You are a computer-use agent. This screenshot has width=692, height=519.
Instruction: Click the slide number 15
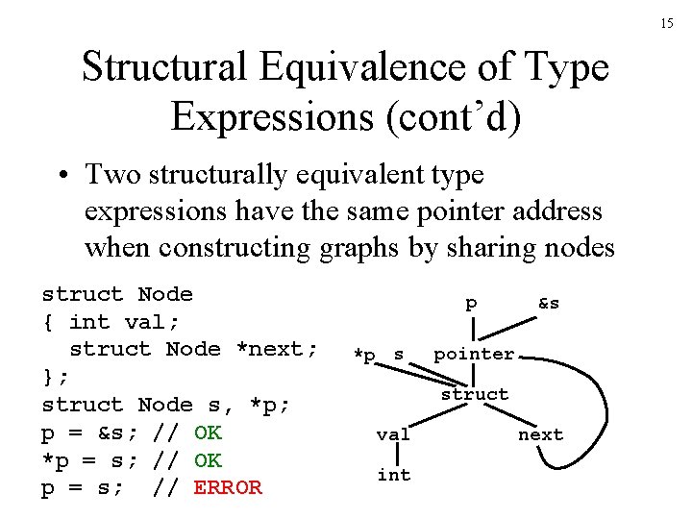(x=667, y=22)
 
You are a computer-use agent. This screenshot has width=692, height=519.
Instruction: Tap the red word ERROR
(x=228, y=487)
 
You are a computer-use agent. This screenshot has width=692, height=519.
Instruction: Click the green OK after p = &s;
(x=208, y=432)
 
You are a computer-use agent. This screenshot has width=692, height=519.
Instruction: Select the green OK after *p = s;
(x=208, y=459)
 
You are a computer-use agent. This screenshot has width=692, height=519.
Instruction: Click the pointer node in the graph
(x=474, y=354)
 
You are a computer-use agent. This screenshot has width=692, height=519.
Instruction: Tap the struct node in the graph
(x=474, y=394)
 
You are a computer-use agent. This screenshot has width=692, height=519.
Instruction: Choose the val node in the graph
(x=393, y=434)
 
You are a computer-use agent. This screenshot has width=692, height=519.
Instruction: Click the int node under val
(x=393, y=474)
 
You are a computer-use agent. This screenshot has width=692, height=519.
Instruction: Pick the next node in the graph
(x=540, y=434)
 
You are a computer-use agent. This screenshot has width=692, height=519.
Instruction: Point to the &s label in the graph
(x=549, y=303)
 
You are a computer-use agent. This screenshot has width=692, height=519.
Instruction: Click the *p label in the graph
(x=364, y=355)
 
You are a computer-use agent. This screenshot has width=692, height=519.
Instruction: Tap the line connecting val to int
(x=393, y=454)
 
